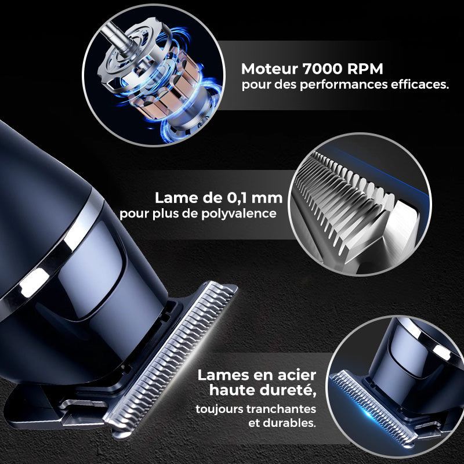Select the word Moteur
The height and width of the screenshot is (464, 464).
point(270,70)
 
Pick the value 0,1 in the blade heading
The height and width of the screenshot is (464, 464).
point(234,198)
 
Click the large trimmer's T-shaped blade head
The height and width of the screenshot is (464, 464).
point(174,360)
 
